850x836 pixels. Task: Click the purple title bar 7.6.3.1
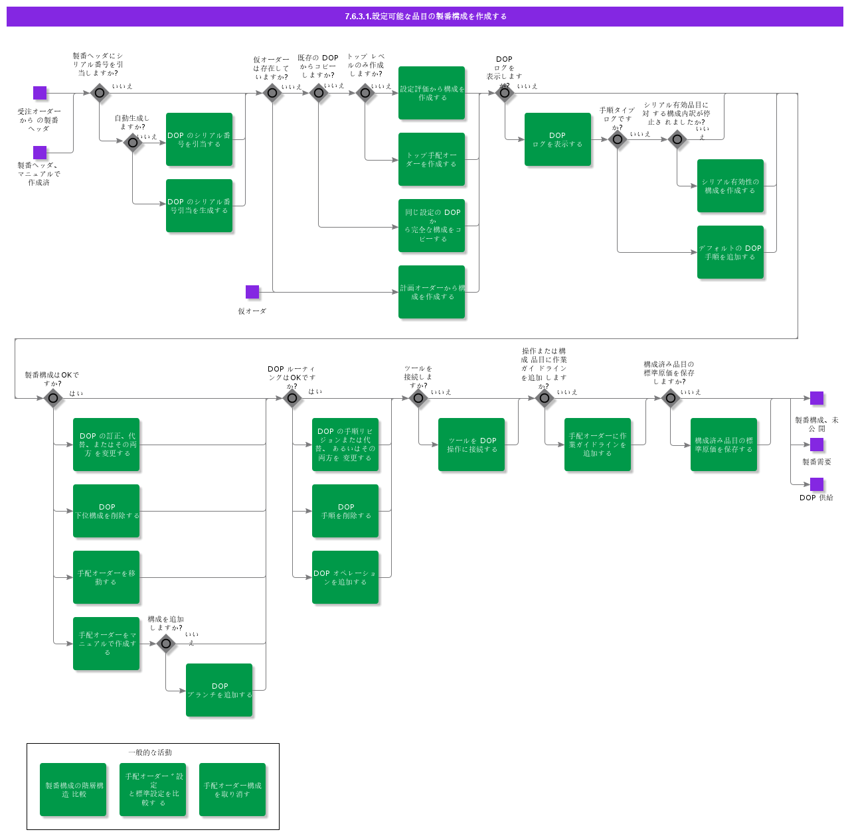click(425, 17)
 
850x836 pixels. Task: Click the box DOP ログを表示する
click(558, 139)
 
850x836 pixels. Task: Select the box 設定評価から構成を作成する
click(432, 93)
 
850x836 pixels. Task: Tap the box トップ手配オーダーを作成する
click(432, 159)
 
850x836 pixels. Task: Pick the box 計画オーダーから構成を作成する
click(432, 292)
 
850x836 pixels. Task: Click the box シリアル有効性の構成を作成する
click(730, 186)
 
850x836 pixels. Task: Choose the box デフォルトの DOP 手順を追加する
click(730, 252)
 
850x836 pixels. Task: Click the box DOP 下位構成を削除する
click(106, 511)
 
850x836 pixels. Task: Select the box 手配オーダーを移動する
click(106, 577)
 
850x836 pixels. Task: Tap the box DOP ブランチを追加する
click(219, 690)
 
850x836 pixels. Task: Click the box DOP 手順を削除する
click(345, 511)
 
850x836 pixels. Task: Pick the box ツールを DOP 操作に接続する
click(471, 445)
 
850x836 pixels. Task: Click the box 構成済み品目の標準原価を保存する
click(724, 445)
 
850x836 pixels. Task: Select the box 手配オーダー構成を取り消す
click(232, 790)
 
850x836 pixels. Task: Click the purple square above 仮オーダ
click(252, 292)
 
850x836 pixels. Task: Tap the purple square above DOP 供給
click(817, 484)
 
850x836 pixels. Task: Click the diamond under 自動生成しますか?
click(133, 142)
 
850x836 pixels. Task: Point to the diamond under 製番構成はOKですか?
click(53, 398)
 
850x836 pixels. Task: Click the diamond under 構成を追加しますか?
click(166, 644)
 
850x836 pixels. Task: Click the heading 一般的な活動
click(150, 752)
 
